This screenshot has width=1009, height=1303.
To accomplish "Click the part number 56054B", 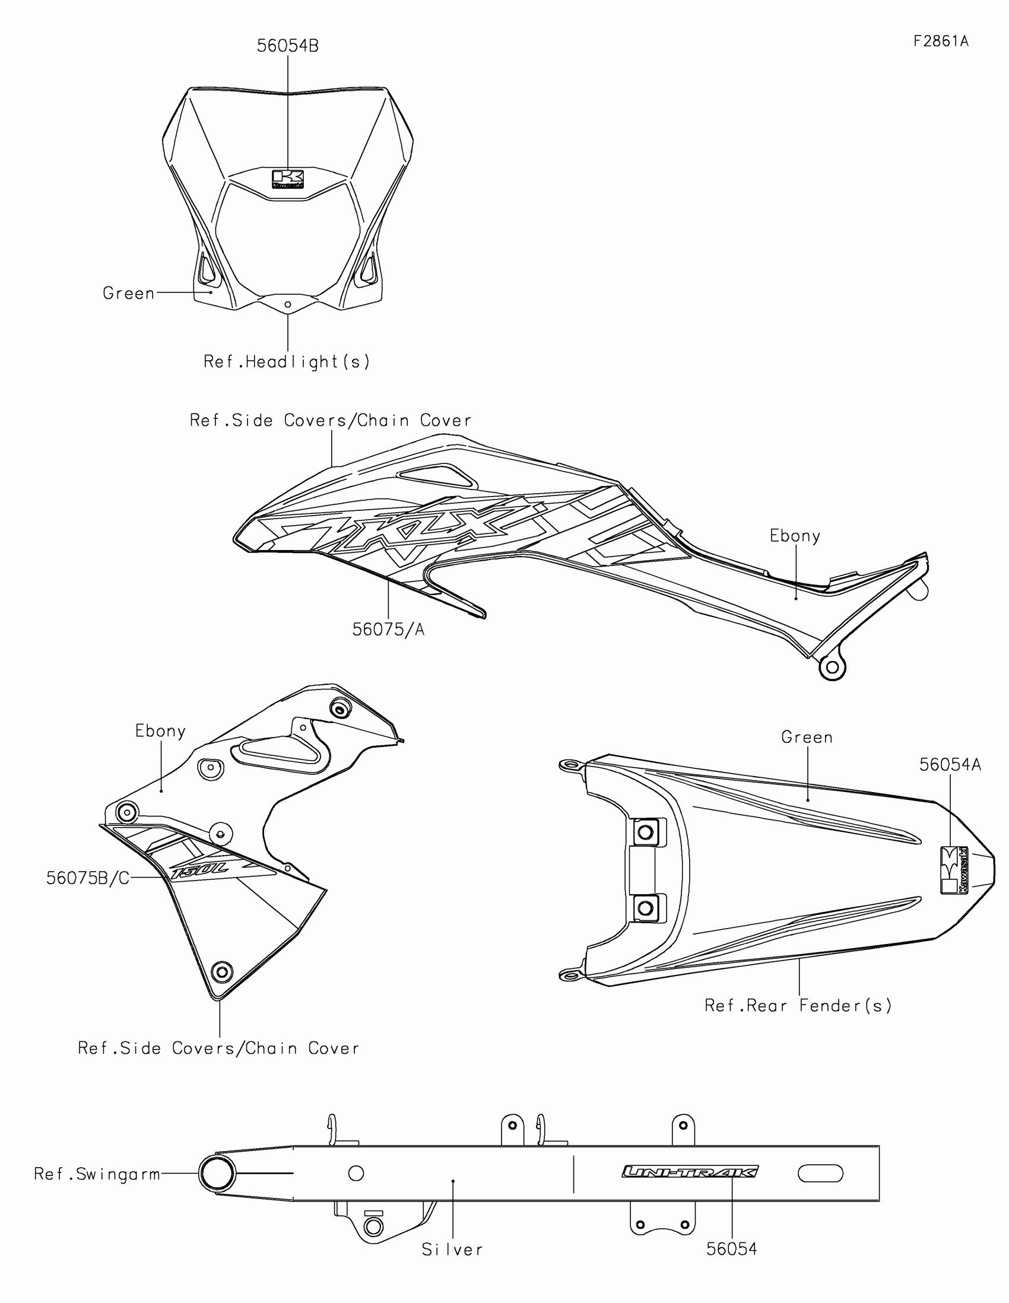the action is point(288,46).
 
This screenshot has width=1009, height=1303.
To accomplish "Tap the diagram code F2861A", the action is point(940,41).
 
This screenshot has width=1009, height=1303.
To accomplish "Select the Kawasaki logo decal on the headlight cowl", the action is point(288,179).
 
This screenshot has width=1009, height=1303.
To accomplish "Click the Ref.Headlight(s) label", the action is point(287,361).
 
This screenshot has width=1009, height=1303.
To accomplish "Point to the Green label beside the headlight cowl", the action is point(129,293).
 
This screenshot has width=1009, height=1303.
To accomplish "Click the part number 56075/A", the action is point(388,630).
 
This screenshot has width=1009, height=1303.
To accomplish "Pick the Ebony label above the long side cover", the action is point(795,536).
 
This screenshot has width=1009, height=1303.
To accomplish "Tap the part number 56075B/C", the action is point(88,878).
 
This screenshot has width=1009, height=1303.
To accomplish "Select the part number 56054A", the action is point(950,765).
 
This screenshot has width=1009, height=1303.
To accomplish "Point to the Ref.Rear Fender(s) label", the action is point(798,1006).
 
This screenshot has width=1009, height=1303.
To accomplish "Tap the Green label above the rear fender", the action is point(807,738).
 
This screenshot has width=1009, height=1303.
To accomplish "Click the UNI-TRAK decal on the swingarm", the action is point(690,1172).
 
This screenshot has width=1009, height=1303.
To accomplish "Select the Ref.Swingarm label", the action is point(97,1174).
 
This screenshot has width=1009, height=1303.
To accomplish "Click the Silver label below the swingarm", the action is point(452,1250).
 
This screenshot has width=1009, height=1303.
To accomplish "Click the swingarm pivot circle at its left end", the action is point(217,1174).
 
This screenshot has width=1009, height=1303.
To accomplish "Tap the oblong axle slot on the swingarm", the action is point(820,1174).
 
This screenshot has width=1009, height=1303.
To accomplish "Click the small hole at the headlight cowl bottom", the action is point(288,304).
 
